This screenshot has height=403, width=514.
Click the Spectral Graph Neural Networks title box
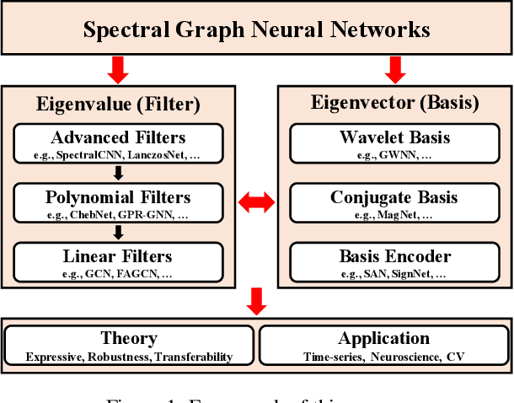(x=256, y=30)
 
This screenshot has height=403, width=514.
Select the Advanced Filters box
(x=118, y=143)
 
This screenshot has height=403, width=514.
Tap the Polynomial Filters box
(x=118, y=203)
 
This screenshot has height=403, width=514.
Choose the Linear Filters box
(x=118, y=262)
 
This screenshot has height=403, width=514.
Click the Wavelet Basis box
(x=394, y=143)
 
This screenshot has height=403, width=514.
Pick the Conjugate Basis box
(x=394, y=203)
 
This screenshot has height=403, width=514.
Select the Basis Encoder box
(x=394, y=262)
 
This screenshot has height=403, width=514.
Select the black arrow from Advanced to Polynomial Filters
(x=118, y=174)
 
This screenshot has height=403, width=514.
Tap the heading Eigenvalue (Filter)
(x=118, y=105)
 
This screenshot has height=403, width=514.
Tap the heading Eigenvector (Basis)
(x=394, y=105)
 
